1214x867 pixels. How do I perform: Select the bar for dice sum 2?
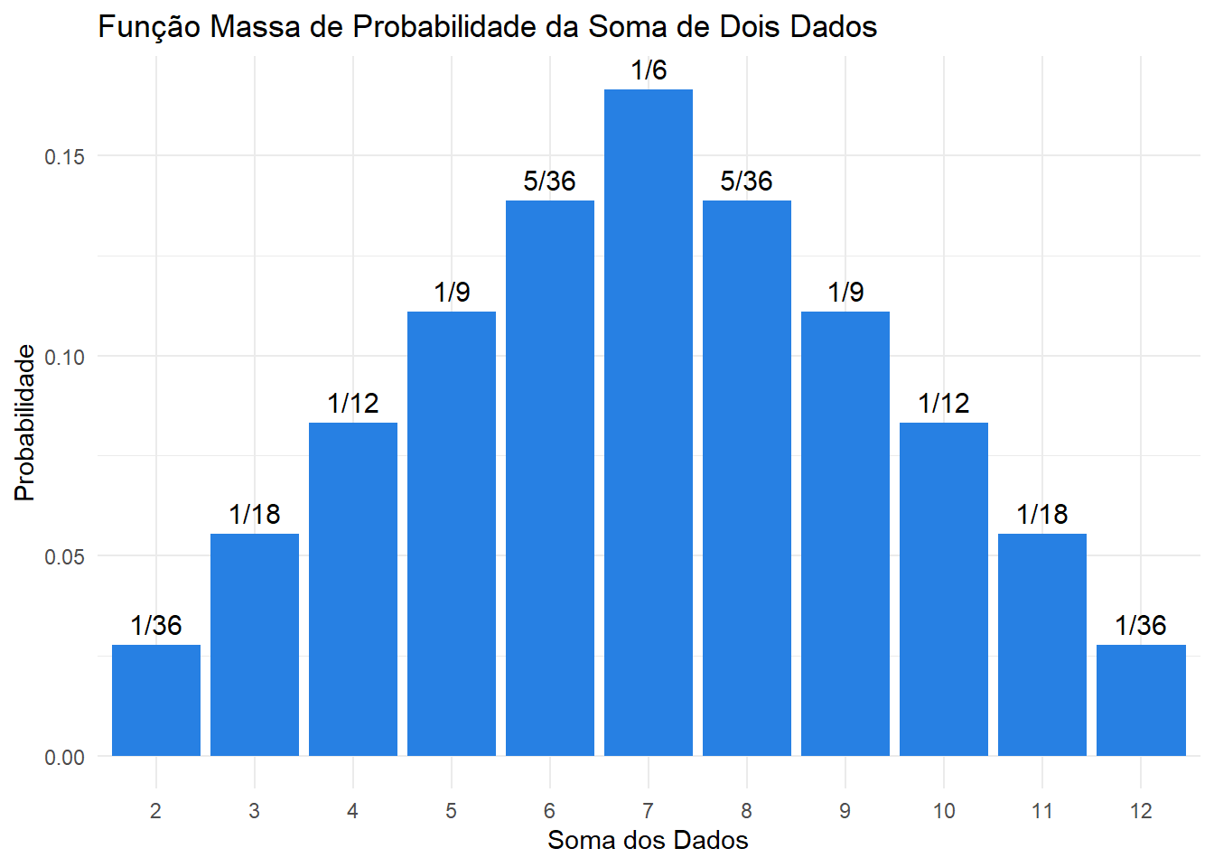[x=155, y=701]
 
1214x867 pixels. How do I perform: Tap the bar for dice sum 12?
[x=1140, y=701]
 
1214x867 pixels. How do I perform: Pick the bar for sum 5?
[x=451, y=534]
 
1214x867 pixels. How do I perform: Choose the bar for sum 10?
[x=943, y=589]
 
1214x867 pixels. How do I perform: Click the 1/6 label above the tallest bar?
[x=648, y=70]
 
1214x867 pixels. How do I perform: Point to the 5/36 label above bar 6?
[x=549, y=182]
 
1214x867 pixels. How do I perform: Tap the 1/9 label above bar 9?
[x=845, y=293]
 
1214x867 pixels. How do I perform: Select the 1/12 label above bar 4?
[x=352, y=404]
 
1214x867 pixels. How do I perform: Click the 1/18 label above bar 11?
[x=1041, y=515]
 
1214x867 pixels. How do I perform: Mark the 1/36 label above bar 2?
[x=155, y=626]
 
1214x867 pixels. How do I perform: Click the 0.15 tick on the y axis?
[x=64, y=157]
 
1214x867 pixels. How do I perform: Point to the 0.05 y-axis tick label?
[x=64, y=557]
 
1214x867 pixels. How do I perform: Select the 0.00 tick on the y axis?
[x=64, y=758]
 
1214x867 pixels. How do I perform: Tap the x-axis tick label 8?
[x=746, y=811]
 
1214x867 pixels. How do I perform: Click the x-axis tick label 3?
[x=254, y=811]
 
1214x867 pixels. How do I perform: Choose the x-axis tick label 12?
[x=1140, y=811]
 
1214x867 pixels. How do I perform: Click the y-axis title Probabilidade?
[x=25, y=423]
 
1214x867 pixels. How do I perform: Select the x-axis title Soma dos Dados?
[x=648, y=841]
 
